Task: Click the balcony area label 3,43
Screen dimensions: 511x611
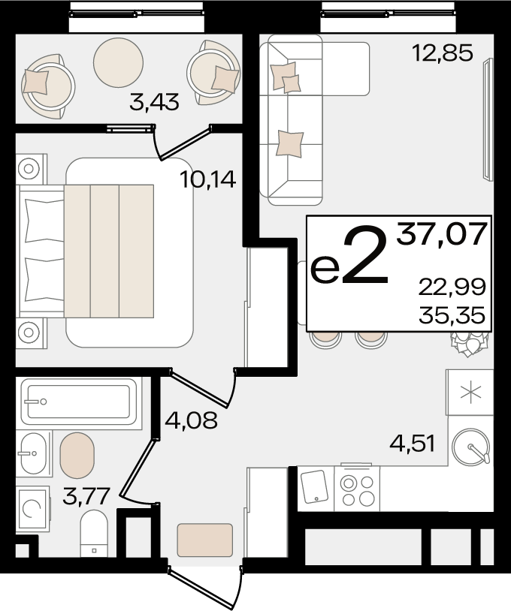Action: pos(155,102)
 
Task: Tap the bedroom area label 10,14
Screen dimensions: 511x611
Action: pos(208,179)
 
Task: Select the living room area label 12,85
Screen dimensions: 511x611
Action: pos(443,53)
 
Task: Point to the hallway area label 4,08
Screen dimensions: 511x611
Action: pos(191,420)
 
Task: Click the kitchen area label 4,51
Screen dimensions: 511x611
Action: pos(413,444)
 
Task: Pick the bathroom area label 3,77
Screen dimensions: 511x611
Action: pos(86,496)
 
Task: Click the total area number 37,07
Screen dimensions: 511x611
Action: pos(442,233)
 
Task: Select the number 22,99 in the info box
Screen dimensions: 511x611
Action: pos(452,287)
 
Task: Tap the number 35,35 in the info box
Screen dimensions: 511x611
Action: pos(452,315)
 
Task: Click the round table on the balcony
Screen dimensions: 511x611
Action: pos(118,62)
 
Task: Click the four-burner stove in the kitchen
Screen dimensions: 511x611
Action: pos(357,488)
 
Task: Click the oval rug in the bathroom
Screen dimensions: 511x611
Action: pos(77,455)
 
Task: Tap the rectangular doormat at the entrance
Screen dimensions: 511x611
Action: pos(205,540)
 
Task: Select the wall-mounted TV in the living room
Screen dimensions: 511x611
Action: pos(487,119)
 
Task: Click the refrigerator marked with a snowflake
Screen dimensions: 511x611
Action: pos(470,393)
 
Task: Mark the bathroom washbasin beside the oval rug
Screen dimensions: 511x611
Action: pos(34,453)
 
